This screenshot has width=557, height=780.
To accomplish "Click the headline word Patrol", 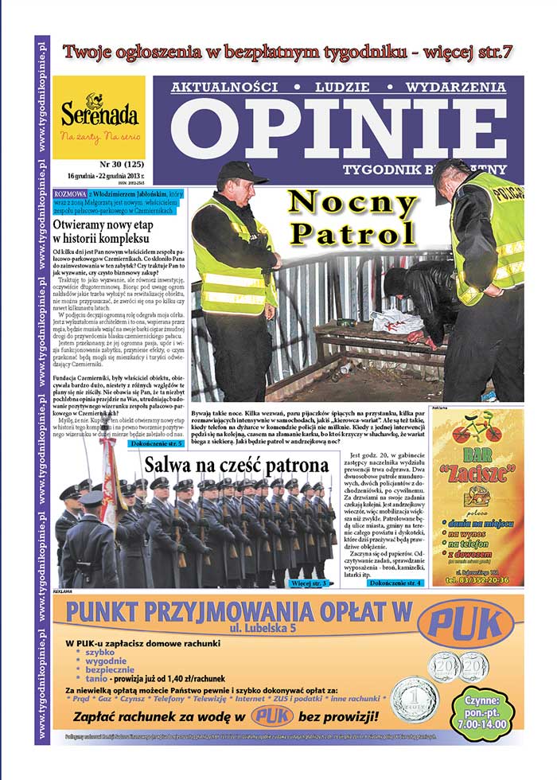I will [353, 232].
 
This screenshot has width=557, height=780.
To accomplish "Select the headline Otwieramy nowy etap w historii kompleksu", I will [101, 230].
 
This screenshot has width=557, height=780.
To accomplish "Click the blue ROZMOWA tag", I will [70, 193].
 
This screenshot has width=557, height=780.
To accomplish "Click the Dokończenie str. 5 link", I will [158, 443].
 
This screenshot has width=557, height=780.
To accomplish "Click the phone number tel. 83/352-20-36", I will [477, 580].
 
